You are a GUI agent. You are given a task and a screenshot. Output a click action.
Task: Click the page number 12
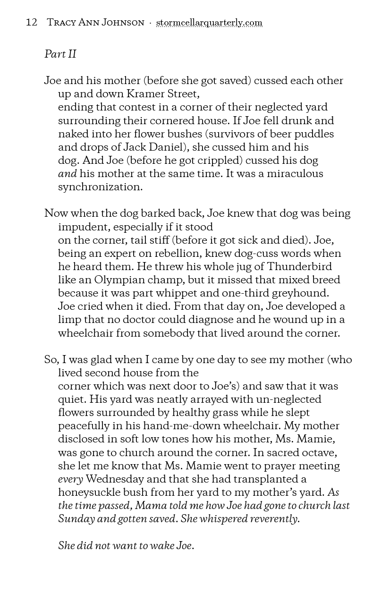tap(31, 23)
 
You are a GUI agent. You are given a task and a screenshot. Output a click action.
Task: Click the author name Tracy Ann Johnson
tap(95, 23)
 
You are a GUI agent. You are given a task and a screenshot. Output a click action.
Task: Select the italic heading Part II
tap(60, 54)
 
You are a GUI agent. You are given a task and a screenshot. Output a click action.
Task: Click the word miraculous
tap(295, 173)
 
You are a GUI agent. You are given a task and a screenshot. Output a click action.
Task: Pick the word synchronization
tap(100, 187)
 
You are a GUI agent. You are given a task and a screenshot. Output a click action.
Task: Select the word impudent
tap(82, 227)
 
